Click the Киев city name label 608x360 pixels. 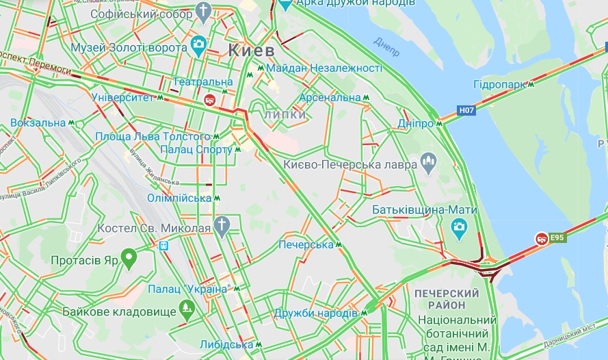251,51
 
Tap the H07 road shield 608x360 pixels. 466,110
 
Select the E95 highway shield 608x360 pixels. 558,237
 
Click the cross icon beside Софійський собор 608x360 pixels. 203,10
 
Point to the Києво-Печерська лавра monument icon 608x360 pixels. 429,162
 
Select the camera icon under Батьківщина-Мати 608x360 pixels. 459,226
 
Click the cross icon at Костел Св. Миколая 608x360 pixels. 222,225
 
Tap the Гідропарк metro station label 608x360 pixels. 499,84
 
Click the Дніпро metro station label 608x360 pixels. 416,124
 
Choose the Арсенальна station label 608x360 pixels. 330,98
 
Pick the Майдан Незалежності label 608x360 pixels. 323,68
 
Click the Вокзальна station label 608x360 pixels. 38,123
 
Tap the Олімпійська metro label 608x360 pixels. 179,198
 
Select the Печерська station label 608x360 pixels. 306,244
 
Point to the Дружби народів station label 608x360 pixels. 315,313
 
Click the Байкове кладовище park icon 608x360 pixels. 185,310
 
